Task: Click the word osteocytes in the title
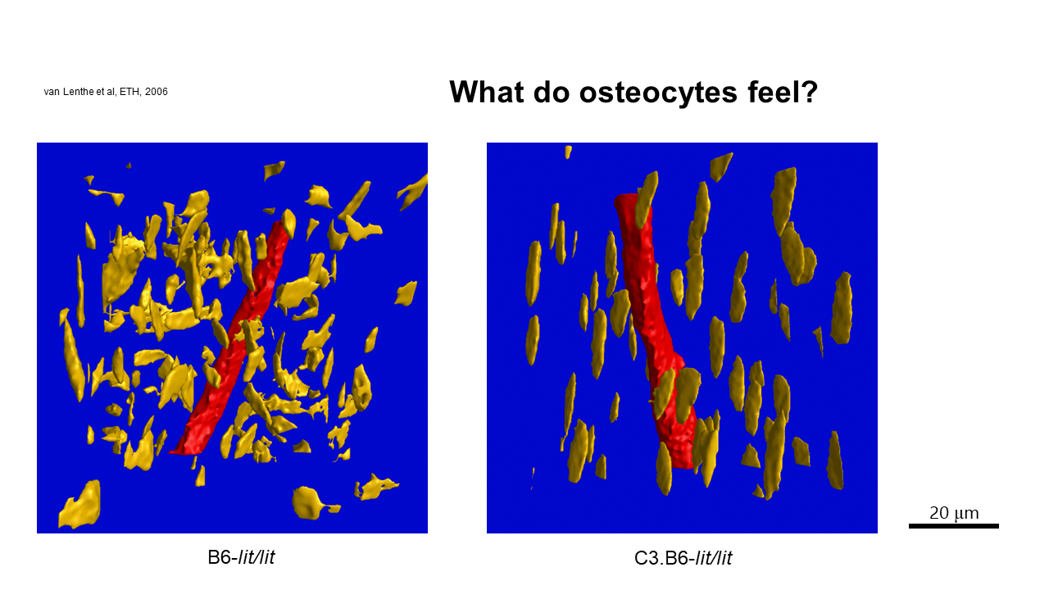pyautogui.click(x=658, y=93)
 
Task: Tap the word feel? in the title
pyautogui.click(x=783, y=92)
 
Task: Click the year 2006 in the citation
pyautogui.click(x=156, y=92)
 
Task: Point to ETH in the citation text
pyautogui.click(x=129, y=92)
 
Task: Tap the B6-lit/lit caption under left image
pyautogui.click(x=241, y=557)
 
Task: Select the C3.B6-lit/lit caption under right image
pyautogui.click(x=683, y=558)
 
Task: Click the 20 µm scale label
pyautogui.click(x=954, y=513)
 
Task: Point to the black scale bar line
pyautogui.click(x=954, y=526)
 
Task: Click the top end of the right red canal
pyautogui.click(x=625, y=196)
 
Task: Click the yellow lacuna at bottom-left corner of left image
pyautogui.click(x=79, y=505)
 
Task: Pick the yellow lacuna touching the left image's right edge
pyautogui.click(x=413, y=191)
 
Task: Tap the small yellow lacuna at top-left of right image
pyautogui.click(x=568, y=152)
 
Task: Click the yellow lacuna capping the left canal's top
pyautogui.click(x=288, y=224)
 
